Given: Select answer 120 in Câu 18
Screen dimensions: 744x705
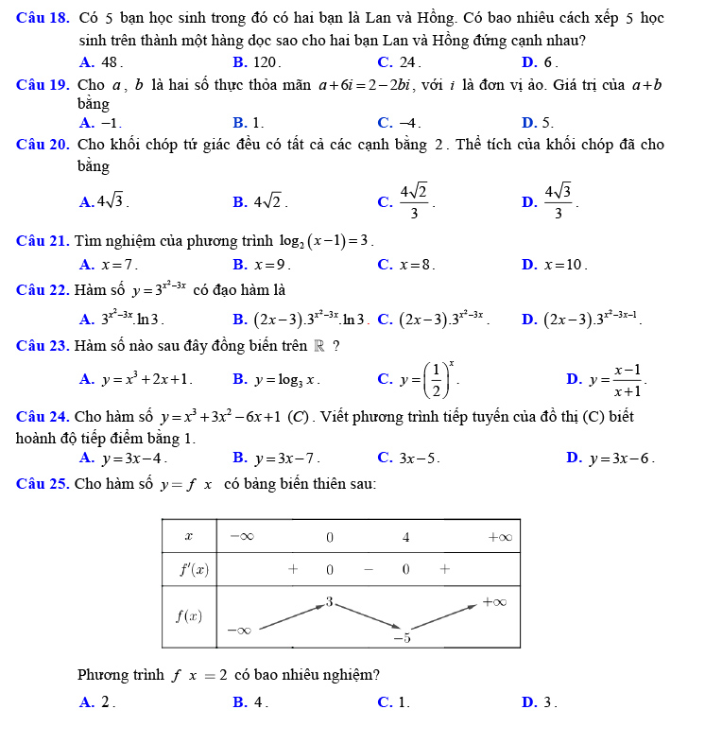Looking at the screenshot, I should point(267,62).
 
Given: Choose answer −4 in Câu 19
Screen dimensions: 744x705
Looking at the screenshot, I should point(408,123).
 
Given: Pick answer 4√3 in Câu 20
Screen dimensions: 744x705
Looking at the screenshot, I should point(111,200).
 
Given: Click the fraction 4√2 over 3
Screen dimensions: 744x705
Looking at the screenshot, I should point(415,201).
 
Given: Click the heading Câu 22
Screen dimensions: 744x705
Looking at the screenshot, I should point(43,289).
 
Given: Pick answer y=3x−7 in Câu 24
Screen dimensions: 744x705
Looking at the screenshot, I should point(287,459).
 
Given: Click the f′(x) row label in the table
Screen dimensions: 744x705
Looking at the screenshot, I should point(195,570).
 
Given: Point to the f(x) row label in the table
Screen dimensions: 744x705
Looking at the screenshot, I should point(190,615).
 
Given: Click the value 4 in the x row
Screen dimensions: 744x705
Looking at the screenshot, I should point(405,538).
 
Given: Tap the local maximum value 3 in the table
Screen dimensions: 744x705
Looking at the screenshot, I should point(329,601).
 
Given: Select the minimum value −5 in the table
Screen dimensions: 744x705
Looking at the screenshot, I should point(403,638).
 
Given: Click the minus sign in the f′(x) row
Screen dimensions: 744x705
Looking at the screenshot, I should point(368,570).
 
